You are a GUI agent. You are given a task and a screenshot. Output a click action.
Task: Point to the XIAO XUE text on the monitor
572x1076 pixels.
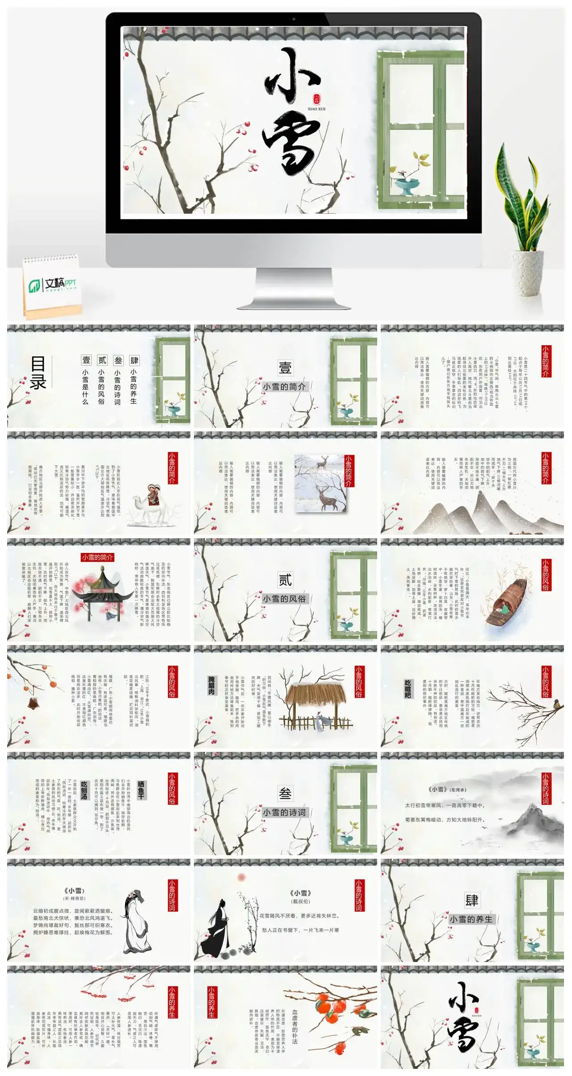point(317,109)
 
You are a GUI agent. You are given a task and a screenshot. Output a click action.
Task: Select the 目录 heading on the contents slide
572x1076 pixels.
point(38,372)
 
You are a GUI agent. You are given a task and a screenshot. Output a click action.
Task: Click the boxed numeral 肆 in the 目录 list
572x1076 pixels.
point(134,360)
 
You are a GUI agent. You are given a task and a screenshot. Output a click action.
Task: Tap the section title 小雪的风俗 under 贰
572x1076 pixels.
point(285,599)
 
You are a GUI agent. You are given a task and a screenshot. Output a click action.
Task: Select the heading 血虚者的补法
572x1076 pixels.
point(295,1026)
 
